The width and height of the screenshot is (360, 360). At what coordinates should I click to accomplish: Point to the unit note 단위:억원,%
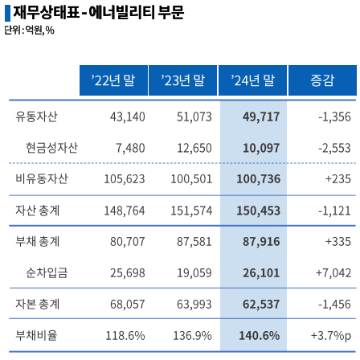pos(29,31)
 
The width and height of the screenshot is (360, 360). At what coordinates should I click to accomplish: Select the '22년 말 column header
pos(113,80)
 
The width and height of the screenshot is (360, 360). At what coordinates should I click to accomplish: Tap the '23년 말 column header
pos(182,80)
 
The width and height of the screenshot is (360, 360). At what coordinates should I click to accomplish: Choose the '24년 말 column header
pos(252,80)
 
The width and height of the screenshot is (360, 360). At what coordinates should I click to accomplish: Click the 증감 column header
pos(321,80)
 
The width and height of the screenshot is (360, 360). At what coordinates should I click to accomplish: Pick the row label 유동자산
pos(36,117)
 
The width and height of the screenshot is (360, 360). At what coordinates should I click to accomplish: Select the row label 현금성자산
pos(51,148)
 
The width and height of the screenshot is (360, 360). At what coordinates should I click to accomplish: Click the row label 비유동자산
pos(42,179)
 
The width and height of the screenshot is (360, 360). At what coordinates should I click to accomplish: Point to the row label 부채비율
pos(36,335)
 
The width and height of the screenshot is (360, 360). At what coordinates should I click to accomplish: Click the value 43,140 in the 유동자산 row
pos(127,117)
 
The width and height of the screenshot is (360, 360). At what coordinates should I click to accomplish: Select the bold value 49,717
pos(261,117)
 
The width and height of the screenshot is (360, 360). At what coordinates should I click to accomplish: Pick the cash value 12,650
pos(194,148)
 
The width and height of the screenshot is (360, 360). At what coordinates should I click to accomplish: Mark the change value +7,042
pos(333,273)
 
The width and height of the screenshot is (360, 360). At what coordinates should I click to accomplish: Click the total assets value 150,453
pos(258,211)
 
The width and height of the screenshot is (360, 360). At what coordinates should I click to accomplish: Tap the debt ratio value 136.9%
pos(193,335)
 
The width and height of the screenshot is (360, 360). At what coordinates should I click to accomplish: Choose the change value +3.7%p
pos(330,335)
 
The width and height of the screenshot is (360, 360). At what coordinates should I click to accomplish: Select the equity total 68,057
pos(127,305)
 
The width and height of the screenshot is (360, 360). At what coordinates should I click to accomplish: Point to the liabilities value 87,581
pos(194,242)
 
